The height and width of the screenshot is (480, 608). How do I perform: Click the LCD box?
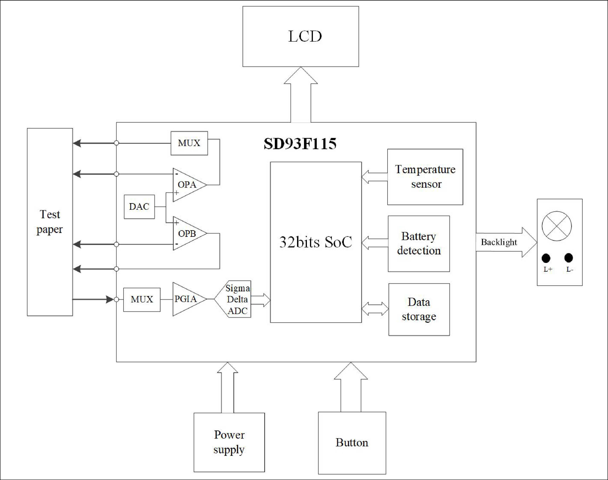(301, 37)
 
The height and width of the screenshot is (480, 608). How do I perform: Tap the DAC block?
(139, 207)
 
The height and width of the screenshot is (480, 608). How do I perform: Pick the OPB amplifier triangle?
(187, 233)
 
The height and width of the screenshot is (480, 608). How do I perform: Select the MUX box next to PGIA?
(142, 299)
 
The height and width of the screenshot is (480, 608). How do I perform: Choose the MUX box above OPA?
(189, 143)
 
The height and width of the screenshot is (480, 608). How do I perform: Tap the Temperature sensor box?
(425, 177)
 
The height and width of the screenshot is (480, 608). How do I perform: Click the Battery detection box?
(419, 244)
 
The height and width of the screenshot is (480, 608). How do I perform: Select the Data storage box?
(419, 309)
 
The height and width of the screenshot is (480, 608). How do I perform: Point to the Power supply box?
(229, 442)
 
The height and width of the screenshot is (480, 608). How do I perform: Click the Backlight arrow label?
(499, 242)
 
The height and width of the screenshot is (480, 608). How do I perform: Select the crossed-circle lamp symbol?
(557, 226)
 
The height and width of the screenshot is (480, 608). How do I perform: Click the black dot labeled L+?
(546, 258)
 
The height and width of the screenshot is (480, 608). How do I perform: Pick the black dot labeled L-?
(568, 258)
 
